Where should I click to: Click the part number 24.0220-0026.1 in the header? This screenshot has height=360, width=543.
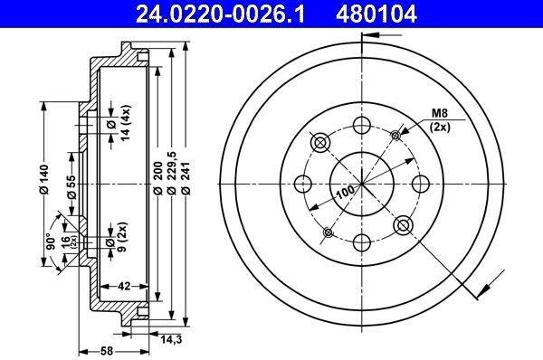[x=220, y=14]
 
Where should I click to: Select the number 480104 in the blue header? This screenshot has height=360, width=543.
[x=376, y=14]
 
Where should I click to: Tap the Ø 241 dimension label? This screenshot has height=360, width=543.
[x=186, y=177]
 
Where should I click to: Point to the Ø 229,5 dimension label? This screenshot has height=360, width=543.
[x=171, y=173]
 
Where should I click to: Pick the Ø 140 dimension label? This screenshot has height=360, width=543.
[x=44, y=179]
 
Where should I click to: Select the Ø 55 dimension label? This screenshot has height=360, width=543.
[x=71, y=187]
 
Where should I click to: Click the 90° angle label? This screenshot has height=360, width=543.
[x=52, y=242]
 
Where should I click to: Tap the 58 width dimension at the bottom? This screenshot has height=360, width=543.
[x=107, y=351]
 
